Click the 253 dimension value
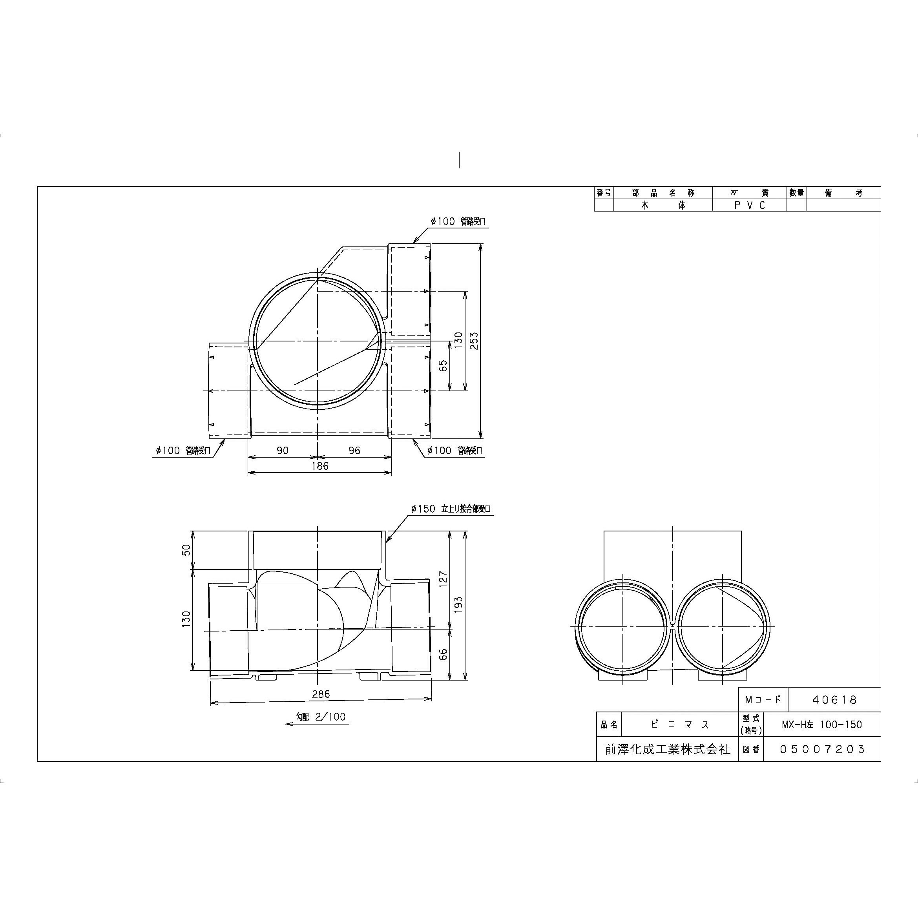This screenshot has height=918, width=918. [x=474, y=341]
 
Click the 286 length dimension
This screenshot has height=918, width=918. [x=321, y=694]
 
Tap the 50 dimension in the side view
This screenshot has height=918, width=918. [x=186, y=550]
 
